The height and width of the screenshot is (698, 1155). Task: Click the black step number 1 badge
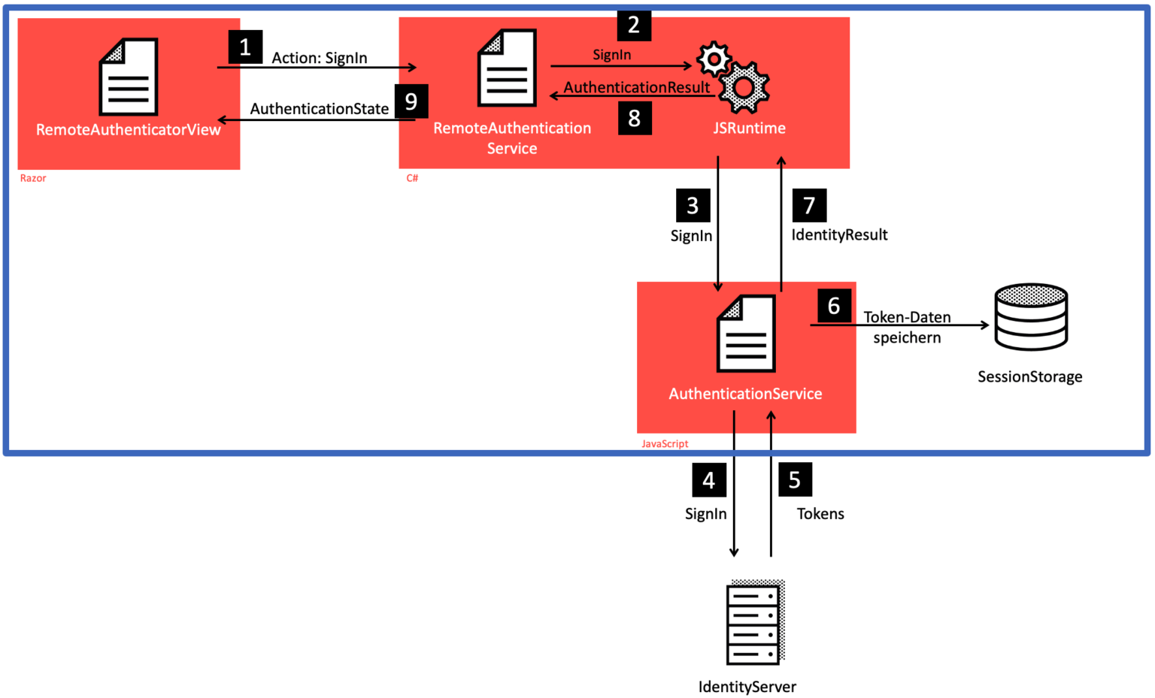[245, 47]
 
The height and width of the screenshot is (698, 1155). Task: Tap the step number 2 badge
[634, 25]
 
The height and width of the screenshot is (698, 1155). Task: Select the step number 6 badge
[834, 306]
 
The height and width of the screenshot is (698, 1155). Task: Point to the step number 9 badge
[411, 101]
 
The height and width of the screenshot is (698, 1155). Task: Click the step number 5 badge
[795, 480]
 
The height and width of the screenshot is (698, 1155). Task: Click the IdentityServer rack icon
[755, 622]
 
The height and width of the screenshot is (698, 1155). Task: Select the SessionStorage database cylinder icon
[1030, 317]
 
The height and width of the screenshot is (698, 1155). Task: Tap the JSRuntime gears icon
[733, 77]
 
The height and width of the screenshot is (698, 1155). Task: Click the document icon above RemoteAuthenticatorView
[129, 77]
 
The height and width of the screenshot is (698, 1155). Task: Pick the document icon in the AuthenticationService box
[746, 334]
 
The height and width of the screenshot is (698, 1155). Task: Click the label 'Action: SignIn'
[320, 58]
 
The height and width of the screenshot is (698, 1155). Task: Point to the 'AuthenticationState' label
[320, 109]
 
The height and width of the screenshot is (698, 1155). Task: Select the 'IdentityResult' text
[839, 235]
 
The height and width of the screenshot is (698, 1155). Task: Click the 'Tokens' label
[820, 514]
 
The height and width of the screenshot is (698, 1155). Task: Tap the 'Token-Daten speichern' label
[907, 328]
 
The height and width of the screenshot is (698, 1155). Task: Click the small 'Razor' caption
[33, 178]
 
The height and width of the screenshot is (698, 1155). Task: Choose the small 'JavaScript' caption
[665, 444]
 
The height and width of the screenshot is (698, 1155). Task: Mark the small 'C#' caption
[412, 178]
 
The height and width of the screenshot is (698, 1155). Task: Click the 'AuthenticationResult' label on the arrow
[637, 87]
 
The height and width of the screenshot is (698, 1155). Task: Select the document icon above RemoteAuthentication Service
[508, 68]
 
